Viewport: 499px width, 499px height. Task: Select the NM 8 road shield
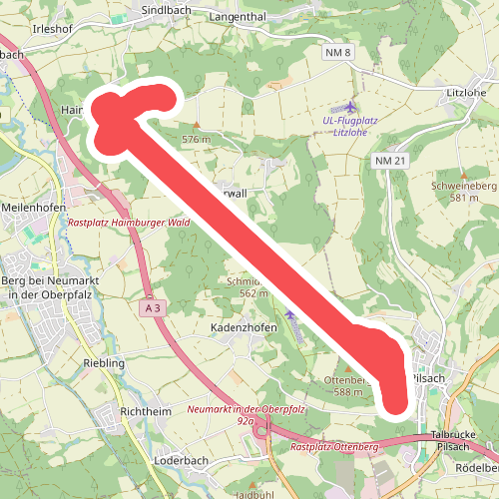point(339,51)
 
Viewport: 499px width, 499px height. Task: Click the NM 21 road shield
point(391,161)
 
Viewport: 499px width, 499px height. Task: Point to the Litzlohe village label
point(467,92)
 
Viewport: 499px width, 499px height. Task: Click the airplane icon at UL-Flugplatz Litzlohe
point(349,106)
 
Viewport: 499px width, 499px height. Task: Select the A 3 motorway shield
point(152,309)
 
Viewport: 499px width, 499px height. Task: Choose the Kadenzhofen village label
point(243,327)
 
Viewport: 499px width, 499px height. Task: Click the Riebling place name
point(105,363)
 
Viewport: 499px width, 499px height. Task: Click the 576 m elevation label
point(197,140)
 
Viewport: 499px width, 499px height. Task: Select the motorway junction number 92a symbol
point(261,431)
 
